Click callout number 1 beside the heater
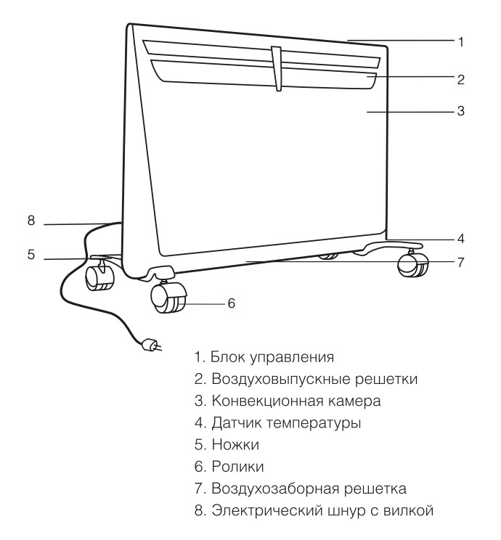click(460, 42)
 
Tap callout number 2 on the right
click(460, 80)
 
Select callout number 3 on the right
click(460, 111)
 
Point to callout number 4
click(460, 238)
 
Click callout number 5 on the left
click(31, 255)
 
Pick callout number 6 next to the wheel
click(231, 303)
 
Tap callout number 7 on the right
click(460, 263)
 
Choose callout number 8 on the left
click(31, 221)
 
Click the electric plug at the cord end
click(150, 345)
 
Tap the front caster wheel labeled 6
click(169, 298)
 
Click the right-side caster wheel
click(413, 264)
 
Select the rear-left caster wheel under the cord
click(99, 278)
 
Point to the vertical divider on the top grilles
click(277, 68)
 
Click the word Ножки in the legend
click(235, 445)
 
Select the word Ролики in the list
click(237, 467)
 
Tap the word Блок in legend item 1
click(228, 357)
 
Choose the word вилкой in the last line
click(408, 510)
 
